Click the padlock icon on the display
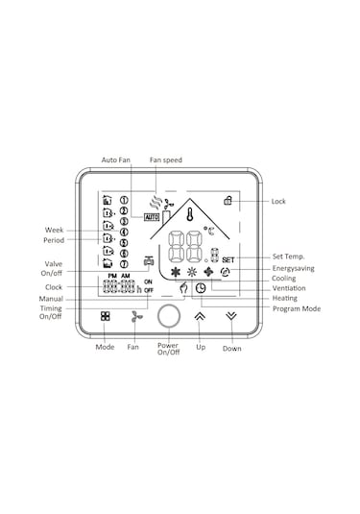[x=228, y=200]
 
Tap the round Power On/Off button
[x=169, y=316]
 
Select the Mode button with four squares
[x=106, y=316]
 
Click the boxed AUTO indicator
[x=152, y=217]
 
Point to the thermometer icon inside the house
[x=189, y=214]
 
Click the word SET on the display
[x=228, y=260]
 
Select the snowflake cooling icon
[x=176, y=272]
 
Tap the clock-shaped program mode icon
[x=201, y=288]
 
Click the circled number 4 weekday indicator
[x=124, y=233]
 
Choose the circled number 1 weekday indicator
[x=124, y=200]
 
